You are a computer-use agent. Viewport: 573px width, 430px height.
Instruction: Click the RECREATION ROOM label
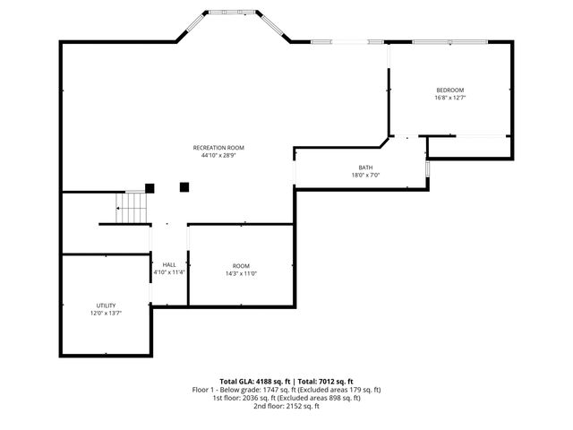218,148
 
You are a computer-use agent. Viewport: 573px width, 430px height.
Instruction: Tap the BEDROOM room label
449,90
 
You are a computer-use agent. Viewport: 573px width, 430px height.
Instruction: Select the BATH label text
365,168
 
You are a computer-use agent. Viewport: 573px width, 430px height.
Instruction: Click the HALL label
168,264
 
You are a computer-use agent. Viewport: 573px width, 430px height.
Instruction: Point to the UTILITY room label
106,305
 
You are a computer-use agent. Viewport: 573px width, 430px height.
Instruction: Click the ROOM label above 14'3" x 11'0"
241,266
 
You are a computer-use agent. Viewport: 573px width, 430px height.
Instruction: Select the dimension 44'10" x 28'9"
218,156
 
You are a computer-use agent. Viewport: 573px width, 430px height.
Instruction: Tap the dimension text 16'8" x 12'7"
449,98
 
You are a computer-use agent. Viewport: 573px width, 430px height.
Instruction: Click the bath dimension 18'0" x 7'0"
365,176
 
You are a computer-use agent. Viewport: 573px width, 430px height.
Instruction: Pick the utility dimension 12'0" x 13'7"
106,314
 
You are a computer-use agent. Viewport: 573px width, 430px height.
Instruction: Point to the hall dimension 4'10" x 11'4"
168,272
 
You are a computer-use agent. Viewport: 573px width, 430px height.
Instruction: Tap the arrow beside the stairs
117,208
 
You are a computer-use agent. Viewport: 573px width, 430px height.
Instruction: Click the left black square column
150,188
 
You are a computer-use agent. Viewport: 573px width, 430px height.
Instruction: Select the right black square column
184,187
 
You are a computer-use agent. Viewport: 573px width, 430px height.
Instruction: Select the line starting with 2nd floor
286,406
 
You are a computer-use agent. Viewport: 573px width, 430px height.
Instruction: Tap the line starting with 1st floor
286,398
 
